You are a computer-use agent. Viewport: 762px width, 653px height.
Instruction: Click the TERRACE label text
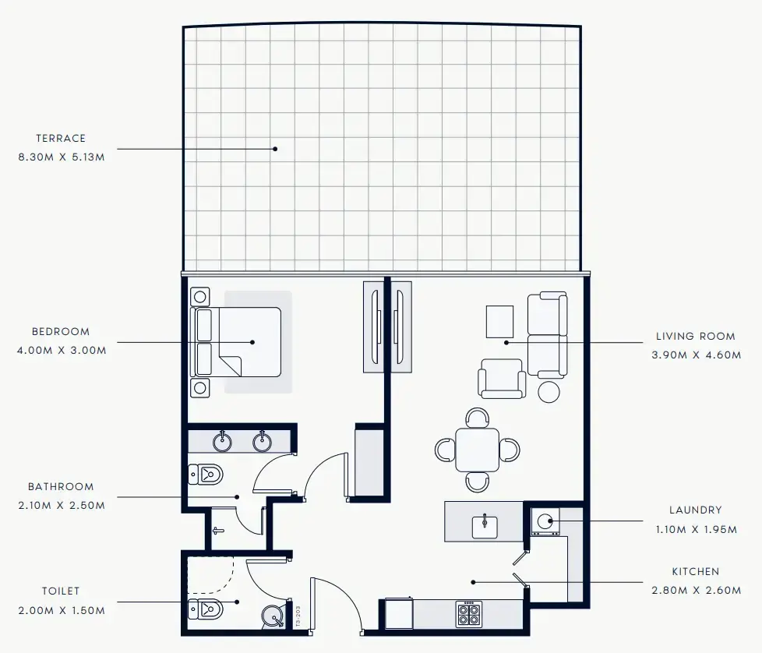click(x=61, y=138)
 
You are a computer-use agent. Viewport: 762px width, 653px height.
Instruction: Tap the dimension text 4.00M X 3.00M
click(x=61, y=350)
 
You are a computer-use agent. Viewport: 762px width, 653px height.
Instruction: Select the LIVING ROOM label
click(x=695, y=337)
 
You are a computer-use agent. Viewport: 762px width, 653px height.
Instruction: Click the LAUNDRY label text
click(x=695, y=510)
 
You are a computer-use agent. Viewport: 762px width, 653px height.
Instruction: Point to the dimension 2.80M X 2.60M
click(x=696, y=590)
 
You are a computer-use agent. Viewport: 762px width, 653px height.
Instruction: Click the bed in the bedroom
click(x=237, y=342)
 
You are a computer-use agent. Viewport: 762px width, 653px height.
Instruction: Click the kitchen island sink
click(x=484, y=524)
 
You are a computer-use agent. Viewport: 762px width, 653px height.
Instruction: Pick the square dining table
click(x=478, y=450)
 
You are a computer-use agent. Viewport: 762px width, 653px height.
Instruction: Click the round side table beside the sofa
click(x=549, y=391)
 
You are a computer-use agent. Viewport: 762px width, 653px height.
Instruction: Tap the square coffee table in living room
click(x=499, y=321)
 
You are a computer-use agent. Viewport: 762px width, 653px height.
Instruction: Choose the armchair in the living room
click(x=502, y=378)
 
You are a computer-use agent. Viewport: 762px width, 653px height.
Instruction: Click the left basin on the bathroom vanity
click(x=224, y=442)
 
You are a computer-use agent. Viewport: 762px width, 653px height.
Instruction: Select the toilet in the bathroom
click(x=206, y=474)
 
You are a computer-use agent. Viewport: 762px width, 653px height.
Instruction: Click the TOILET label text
click(x=61, y=591)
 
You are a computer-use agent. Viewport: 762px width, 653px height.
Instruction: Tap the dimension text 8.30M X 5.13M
click(x=61, y=157)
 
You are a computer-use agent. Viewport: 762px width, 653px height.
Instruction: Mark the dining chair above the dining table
click(x=478, y=417)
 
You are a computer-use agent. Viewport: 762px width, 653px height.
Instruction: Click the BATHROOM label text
click(x=61, y=487)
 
